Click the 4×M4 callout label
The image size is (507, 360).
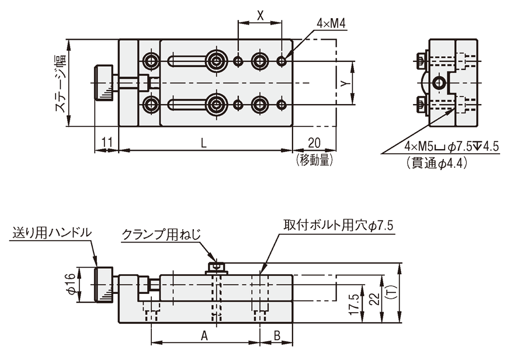331,23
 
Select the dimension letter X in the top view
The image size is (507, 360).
261,16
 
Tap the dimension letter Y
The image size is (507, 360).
345,83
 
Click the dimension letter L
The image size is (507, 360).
203,142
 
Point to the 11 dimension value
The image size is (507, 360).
106,142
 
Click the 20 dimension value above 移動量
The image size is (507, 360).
314,142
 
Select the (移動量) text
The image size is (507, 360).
313,158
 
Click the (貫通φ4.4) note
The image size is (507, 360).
437,164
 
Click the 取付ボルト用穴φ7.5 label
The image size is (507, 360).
339,224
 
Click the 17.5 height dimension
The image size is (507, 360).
353,304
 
